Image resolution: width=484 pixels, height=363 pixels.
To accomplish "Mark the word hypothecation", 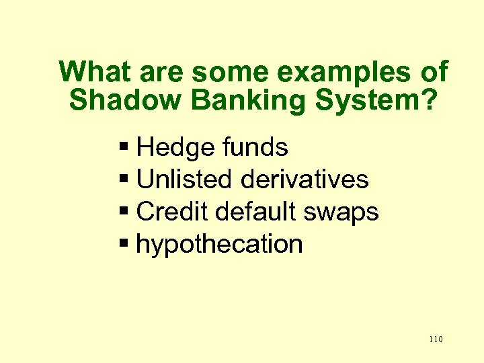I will click(x=219, y=245).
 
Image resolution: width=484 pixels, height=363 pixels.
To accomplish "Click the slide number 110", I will click(x=435, y=339).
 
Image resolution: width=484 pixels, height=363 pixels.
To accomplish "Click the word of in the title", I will click(x=433, y=71).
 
